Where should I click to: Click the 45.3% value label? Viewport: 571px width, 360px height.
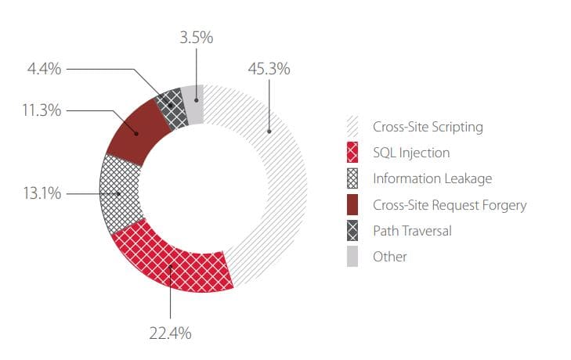(x=269, y=69)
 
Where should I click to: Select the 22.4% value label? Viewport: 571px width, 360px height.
(x=169, y=333)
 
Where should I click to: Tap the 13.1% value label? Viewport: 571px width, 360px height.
(x=41, y=193)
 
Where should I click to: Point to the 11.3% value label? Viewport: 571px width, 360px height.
(x=41, y=110)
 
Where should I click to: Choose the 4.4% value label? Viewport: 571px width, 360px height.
(x=44, y=69)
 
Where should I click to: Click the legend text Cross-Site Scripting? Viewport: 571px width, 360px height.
(x=428, y=127)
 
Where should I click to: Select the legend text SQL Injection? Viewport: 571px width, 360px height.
(x=411, y=153)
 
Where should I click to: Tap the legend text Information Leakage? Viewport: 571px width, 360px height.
(x=432, y=178)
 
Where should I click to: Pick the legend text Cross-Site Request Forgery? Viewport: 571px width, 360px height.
(x=450, y=205)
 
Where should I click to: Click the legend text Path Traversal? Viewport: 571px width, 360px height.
(x=412, y=231)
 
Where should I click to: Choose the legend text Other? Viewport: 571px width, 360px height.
(x=390, y=257)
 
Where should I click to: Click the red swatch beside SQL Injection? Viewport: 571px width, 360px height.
(x=352, y=153)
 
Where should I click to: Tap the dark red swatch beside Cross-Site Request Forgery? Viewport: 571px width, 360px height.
(x=352, y=205)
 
